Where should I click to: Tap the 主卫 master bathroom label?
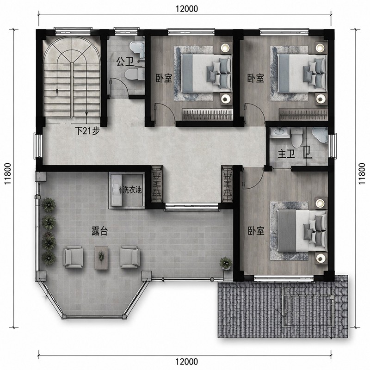click(x=286, y=154)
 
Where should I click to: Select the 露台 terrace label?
click(x=99, y=231)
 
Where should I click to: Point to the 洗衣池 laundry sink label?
click(x=132, y=190)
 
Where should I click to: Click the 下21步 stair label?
click(x=87, y=130)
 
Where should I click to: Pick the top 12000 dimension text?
click(x=187, y=9)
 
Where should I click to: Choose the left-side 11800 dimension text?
click(x=8, y=173)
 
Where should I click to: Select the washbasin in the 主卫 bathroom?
click(x=280, y=132)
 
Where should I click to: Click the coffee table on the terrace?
click(x=101, y=258)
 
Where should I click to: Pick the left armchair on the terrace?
click(x=73, y=257)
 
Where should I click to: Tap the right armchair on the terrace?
click(x=130, y=257)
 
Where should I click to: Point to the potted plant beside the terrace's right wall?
click(x=226, y=263)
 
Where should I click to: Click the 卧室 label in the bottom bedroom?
click(x=256, y=231)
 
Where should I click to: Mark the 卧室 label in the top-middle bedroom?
click(x=164, y=78)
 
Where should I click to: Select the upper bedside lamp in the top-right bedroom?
click(x=320, y=48)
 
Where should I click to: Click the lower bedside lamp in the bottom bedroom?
click(x=320, y=258)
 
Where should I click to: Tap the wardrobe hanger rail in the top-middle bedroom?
click(x=207, y=115)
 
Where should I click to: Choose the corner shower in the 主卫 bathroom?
click(x=320, y=136)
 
